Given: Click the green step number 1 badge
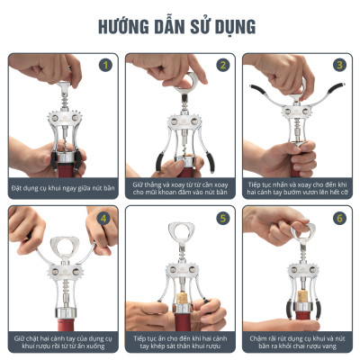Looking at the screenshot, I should pos(104,65).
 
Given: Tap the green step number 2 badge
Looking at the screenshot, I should pos(221,65).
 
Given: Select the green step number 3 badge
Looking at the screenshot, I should pos(338,65).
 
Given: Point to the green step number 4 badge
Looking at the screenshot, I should pos(104,217).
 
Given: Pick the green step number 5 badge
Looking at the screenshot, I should pos(221,217).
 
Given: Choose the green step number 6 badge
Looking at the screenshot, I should pos(338,217).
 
